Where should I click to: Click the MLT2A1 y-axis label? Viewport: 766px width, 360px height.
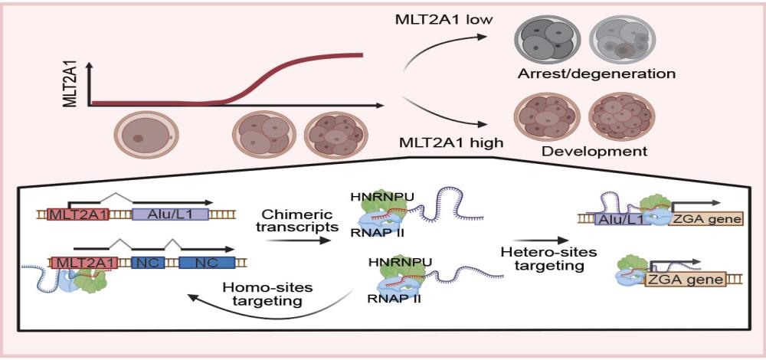coord(71,83)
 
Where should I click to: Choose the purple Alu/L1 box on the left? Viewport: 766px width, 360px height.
coord(170,216)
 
